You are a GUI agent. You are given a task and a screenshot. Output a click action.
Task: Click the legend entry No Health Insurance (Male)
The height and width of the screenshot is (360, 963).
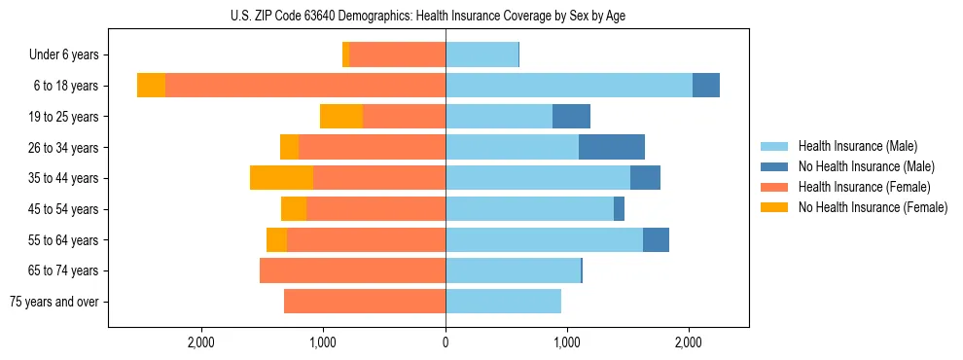(x=866, y=166)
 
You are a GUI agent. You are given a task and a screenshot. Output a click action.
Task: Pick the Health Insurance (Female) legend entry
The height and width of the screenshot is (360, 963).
(x=864, y=187)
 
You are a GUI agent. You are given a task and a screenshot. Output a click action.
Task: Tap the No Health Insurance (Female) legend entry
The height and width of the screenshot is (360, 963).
(x=872, y=207)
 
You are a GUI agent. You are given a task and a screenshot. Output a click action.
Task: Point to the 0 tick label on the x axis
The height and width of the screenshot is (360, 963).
(x=446, y=342)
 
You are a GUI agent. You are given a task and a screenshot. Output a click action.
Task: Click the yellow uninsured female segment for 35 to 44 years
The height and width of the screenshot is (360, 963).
(x=281, y=178)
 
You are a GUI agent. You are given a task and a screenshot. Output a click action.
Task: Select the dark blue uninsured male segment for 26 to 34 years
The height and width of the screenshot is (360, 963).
(x=612, y=147)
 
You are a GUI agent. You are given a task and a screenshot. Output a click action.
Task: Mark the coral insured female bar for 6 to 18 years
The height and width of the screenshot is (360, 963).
(x=305, y=86)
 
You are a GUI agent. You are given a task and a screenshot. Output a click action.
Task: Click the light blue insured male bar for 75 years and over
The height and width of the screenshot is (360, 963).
(x=503, y=302)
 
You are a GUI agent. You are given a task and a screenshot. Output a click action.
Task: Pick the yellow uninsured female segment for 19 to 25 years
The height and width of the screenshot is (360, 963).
(x=341, y=117)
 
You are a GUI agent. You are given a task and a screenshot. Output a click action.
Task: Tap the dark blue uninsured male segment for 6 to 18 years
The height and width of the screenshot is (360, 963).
(x=706, y=86)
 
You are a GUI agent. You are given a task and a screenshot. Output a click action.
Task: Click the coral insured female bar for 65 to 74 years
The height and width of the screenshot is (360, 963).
(x=352, y=270)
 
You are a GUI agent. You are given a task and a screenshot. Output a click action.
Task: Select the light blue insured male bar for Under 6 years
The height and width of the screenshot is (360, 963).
(x=481, y=55)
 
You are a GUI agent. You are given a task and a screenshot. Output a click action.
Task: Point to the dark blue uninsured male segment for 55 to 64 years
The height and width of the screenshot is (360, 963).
(x=656, y=239)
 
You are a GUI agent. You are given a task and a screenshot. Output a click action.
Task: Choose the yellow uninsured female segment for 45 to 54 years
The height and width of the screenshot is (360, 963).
(x=294, y=209)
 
